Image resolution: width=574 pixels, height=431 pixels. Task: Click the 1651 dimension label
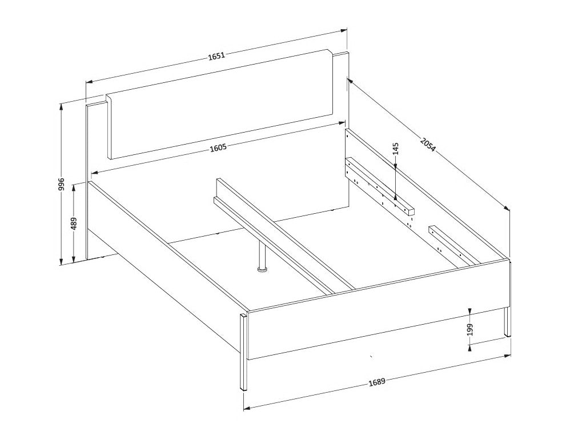pos(216,56)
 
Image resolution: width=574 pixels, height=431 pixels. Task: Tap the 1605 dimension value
pos(219,147)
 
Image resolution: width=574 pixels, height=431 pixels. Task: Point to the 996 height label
pos(61,185)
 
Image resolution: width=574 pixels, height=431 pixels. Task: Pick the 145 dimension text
pos(395,149)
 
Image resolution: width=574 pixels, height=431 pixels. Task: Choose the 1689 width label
pos(377,382)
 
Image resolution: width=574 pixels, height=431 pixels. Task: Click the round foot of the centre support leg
pos(263,270)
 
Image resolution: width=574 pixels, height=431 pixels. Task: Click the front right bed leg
pos(507,322)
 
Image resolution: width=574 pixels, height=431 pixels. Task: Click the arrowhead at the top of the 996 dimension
pos(61,106)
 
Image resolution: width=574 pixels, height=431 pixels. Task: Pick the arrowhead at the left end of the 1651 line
pos(89,82)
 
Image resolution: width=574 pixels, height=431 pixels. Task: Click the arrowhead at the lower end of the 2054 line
pos(507,209)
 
